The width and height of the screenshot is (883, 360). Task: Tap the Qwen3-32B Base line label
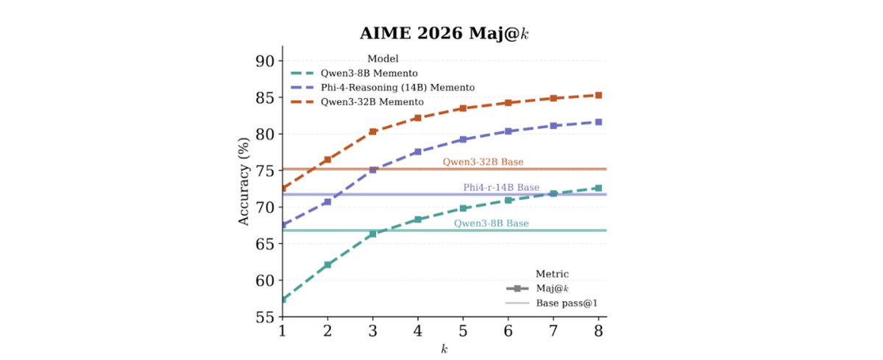(x=483, y=162)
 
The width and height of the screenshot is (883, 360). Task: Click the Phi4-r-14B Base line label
(x=501, y=188)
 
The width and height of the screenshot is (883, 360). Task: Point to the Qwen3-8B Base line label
(x=491, y=223)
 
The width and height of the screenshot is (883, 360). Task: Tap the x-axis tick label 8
(x=599, y=331)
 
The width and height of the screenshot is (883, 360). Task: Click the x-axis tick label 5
(x=463, y=331)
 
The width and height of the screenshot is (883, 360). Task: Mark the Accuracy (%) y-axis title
(x=244, y=189)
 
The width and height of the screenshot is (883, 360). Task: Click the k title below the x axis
(x=444, y=349)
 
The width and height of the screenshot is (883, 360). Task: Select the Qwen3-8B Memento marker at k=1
(x=282, y=300)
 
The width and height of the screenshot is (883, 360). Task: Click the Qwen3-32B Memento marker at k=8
(x=599, y=95)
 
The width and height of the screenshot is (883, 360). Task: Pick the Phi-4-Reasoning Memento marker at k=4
(x=418, y=152)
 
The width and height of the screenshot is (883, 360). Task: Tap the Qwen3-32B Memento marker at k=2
(x=327, y=160)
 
